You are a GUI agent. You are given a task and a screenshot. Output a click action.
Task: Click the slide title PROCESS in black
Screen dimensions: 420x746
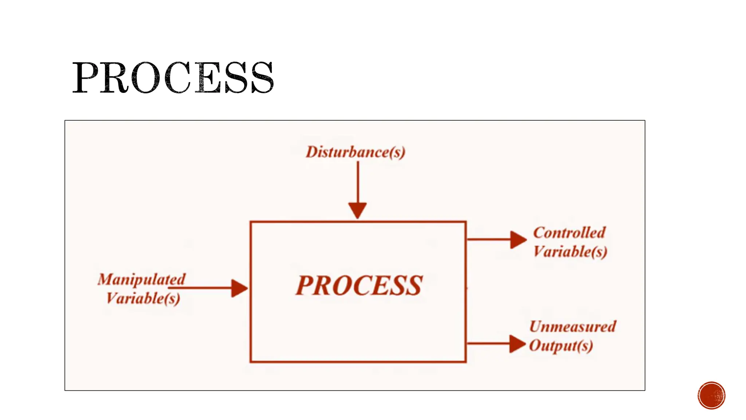[x=173, y=77]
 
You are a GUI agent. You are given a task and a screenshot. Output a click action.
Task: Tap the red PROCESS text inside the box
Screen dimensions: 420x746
[x=359, y=285]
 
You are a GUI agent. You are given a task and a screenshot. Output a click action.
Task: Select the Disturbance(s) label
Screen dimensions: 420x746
[x=355, y=152]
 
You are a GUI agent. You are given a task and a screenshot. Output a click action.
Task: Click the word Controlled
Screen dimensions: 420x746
[x=569, y=233]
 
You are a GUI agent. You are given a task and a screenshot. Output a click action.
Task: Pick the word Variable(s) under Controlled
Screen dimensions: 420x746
[x=570, y=252]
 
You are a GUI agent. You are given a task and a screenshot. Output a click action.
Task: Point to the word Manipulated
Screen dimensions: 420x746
[x=141, y=280]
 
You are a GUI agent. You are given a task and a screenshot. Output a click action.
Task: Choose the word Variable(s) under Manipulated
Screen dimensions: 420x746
[x=143, y=299]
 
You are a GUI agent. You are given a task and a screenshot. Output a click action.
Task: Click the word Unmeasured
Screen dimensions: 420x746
[x=572, y=326]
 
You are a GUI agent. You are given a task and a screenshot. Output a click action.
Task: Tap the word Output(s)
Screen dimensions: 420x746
[x=561, y=346]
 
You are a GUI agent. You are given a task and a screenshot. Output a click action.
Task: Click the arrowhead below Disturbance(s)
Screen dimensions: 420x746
[x=357, y=210]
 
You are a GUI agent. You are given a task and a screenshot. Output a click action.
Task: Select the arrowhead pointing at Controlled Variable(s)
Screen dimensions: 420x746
[x=518, y=240]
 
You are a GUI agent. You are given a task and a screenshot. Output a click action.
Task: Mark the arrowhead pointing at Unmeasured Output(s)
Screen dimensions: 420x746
[x=517, y=343]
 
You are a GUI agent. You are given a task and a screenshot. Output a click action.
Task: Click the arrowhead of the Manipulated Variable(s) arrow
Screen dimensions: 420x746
[x=239, y=288]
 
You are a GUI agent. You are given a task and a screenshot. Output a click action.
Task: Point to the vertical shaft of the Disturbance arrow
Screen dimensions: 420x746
[x=358, y=182]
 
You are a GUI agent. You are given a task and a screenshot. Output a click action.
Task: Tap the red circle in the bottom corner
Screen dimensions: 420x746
[x=711, y=396]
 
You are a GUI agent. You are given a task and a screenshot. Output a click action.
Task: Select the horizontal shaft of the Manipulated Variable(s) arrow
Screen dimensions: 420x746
[x=200, y=288]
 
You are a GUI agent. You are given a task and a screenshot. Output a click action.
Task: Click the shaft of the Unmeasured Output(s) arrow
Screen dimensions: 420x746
[x=488, y=343]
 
